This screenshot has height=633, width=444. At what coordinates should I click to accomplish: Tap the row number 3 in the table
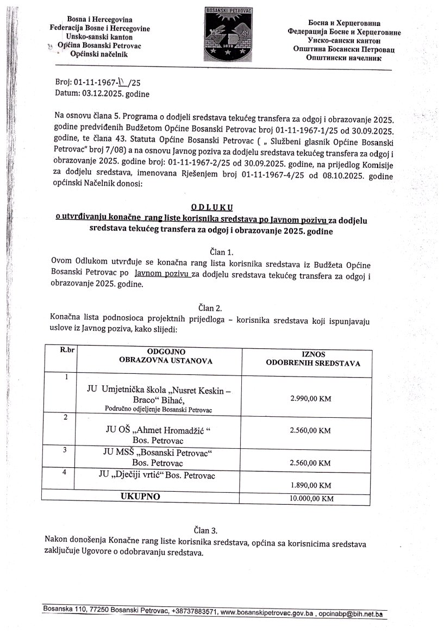click(65, 450)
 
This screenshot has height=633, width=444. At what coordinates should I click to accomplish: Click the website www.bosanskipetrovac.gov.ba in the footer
click(267, 614)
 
